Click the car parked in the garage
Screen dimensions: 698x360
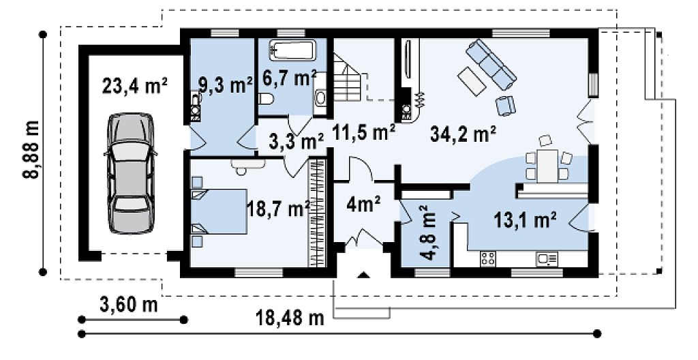pos(130,173)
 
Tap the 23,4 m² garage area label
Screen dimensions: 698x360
pos(134,86)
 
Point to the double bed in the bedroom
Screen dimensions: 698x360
pos(219,211)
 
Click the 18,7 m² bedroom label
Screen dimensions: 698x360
pos(279,209)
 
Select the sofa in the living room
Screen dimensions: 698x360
pos(491,63)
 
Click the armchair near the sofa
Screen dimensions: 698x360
pos(505,106)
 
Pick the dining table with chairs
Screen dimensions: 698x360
pos(547,163)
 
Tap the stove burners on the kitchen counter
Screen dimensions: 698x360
pos(488,259)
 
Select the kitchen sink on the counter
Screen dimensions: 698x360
pos(547,259)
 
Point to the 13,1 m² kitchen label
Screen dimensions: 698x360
pos(525,220)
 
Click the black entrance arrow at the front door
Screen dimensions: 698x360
pos(364,275)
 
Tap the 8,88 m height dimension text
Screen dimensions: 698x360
pos(32,150)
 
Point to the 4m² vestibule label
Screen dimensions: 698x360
pos(363,205)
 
